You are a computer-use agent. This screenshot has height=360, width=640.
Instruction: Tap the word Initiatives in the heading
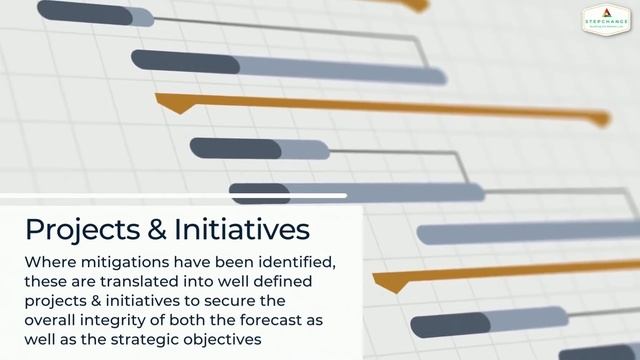click(x=243, y=229)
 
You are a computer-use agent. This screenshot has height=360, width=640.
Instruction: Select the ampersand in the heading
click(x=158, y=230)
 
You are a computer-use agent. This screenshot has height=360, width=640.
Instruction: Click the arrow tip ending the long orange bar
click(x=602, y=120)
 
